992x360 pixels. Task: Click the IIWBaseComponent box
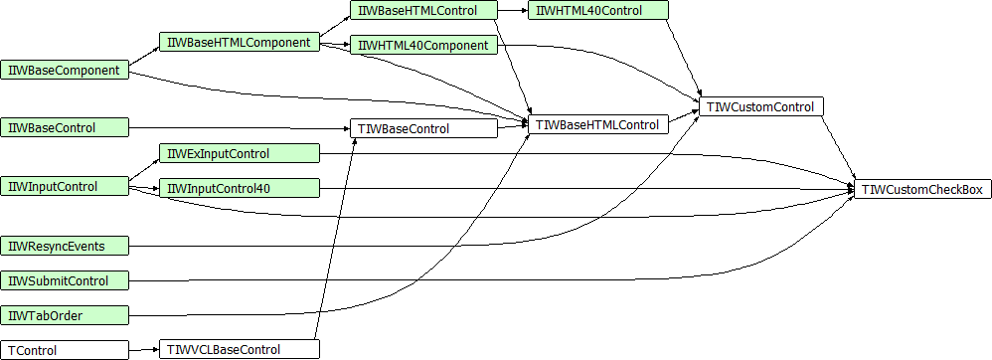[x=65, y=71]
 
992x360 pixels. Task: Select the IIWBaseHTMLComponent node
[x=239, y=42]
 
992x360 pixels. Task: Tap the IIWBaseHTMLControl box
[x=422, y=11]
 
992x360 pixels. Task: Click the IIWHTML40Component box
[x=422, y=46]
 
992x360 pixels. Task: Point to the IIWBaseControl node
[x=65, y=127]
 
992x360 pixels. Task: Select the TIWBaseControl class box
[x=422, y=128]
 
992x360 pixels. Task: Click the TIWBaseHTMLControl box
[x=596, y=125]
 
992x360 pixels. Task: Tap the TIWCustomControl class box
[x=760, y=106]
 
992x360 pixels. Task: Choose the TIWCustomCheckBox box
[x=921, y=189]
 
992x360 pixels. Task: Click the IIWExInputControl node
[x=239, y=153]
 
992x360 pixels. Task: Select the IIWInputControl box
[x=65, y=186]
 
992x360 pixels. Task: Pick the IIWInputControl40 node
[x=239, y=188]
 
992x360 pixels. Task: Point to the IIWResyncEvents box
[x=65, y=246]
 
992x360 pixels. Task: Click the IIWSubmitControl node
[x=65, y=280]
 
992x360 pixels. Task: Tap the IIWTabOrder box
[x=65, y=315]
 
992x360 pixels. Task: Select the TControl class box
[x=65, y=350]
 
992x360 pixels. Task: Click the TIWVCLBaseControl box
[x=239, y=349]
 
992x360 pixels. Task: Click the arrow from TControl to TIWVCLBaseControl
[x=144, y=349]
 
